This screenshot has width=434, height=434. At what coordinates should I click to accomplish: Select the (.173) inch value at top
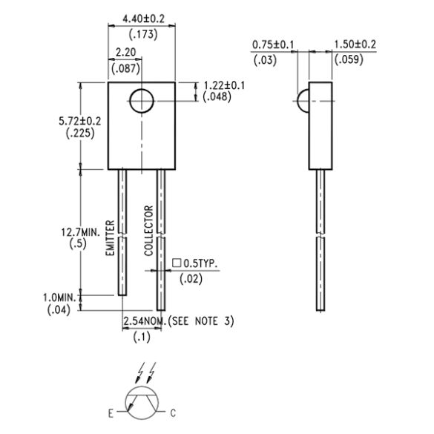[141, 35]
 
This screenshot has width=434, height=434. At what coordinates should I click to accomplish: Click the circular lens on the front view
[141, 101]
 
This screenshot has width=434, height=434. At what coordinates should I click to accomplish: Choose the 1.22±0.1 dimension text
[225, 85]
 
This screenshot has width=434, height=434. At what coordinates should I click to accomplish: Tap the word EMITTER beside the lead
[110, 238]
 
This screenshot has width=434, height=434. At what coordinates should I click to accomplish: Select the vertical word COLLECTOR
[148, 230]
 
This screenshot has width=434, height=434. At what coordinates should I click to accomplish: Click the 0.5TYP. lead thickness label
[200, 264]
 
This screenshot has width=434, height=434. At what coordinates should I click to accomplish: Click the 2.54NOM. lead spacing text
[145, 320]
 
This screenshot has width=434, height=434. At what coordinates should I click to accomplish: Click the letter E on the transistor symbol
[112, 411]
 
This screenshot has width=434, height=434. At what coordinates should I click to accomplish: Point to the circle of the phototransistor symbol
[142, 401]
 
